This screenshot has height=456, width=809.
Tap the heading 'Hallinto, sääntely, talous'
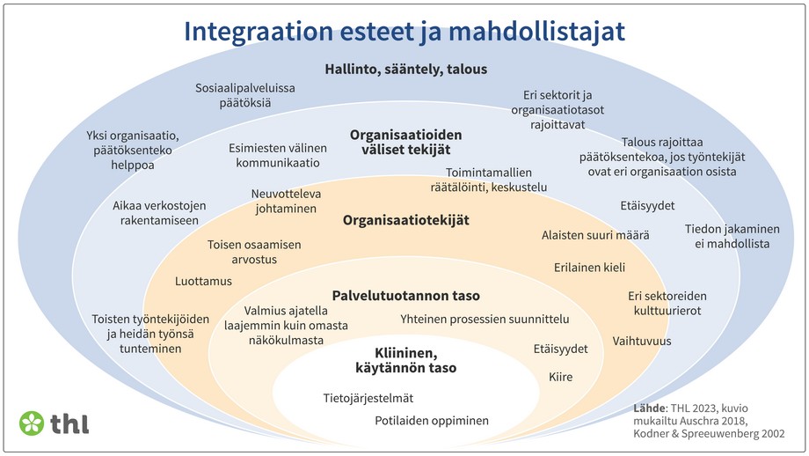click(405, 69)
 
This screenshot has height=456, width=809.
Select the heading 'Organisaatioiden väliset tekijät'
click(405, 143)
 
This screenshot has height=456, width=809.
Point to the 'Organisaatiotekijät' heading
click(405, 220)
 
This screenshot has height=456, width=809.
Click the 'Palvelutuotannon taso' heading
click(405, 296)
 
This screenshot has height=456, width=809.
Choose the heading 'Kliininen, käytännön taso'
click(405, 360)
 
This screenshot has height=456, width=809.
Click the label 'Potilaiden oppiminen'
click(432, 421)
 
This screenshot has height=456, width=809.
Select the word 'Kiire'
click(561, 377)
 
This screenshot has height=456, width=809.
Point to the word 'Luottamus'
click(203, 281)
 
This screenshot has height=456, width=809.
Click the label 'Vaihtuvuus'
click(642, 341)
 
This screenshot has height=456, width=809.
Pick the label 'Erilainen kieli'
click(589, 267)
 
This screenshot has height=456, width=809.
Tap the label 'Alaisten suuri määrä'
click(594, 235)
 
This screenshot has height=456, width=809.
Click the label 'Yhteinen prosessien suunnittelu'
click(485, 319)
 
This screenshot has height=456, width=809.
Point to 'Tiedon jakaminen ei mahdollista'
click(727, 236)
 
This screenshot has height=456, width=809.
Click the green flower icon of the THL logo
click(33, 423)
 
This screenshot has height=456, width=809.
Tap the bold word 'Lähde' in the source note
click(649, 408)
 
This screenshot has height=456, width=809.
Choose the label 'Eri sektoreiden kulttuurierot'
click(667, 303)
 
